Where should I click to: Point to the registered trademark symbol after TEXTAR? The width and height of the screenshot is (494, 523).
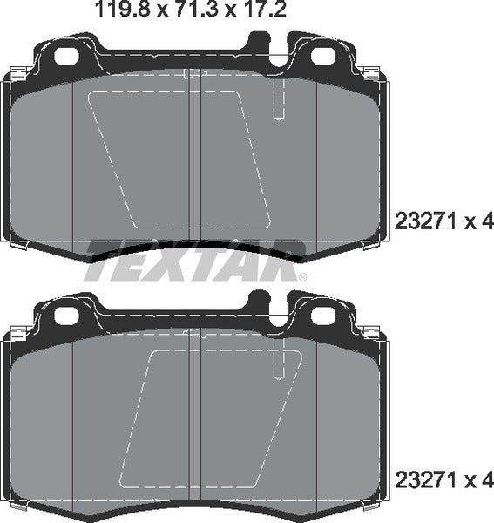coord(302,277)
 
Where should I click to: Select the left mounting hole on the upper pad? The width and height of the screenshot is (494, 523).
coord(67,56)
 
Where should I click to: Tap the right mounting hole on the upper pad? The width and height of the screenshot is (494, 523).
coord(321,56)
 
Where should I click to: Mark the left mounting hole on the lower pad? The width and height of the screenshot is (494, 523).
coord(67,315)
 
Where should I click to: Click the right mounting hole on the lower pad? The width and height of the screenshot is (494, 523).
coord(321,315)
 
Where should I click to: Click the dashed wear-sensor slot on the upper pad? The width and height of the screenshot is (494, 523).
coord(278,100)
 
